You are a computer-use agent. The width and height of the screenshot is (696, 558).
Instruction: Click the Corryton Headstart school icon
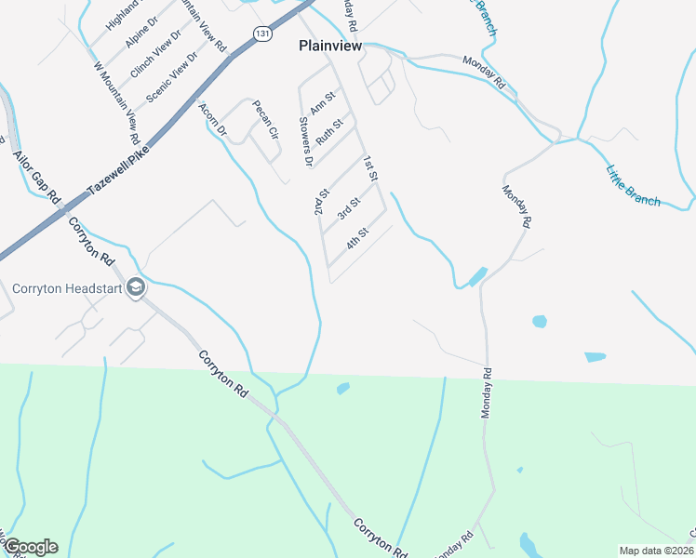tap(136, 287)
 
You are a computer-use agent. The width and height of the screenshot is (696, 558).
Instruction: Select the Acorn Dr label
tap(212, 120)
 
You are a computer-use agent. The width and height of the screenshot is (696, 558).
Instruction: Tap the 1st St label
tap(370, 168)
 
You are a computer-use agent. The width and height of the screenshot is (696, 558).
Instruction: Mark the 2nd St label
tap(322, 202)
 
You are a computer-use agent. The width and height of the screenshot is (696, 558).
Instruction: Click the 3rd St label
tap(348, 209)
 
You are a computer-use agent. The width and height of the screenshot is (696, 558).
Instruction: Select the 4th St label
tap(358, 238)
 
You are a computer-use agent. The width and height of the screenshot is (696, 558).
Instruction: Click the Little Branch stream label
tap(633, 185)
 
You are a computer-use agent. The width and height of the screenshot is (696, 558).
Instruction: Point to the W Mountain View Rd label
tap(117, 102)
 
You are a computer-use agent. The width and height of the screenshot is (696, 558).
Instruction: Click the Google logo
tap(30, 547)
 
